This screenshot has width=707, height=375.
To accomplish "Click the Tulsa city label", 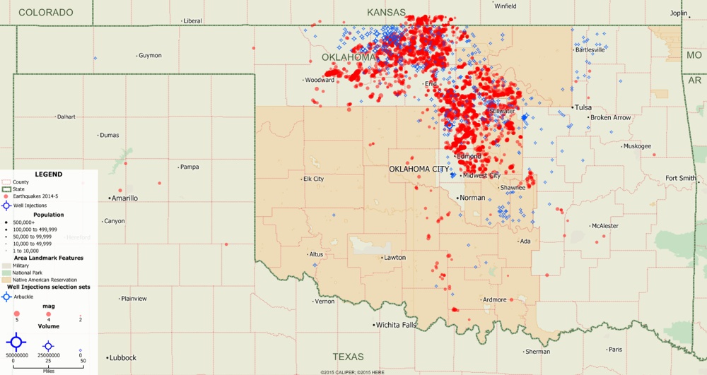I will click(x=583, y=107).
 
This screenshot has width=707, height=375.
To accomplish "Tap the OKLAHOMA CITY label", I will click(x=419, y=169).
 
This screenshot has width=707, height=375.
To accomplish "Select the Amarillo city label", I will click(x=123, y=198).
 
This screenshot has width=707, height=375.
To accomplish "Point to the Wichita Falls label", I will click(x=396, y=325).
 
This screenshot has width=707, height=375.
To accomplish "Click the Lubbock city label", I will click(x=122, y=358).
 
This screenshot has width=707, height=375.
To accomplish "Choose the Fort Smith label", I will click(x=681, y=179).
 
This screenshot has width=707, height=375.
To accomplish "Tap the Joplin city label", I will click(x=679, y=13).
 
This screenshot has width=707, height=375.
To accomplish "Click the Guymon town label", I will click(x=150, y=56).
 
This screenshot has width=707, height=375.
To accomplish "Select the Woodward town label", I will click(x=320, y=81).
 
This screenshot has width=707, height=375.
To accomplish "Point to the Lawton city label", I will click(x=395, y=258).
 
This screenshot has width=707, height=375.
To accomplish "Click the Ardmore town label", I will click(x=494, y=300).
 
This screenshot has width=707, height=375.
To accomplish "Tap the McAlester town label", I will click(x=605, y=226).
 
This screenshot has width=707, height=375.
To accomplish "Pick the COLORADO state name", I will click(x=46, y=13).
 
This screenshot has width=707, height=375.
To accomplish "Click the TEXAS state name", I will click(x=348, y=357).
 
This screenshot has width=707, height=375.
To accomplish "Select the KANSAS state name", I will click(x=386, y=12).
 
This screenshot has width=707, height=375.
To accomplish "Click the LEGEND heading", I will click(x=48, y=174).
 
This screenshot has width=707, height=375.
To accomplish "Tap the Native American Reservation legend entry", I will click(x=45, y=280).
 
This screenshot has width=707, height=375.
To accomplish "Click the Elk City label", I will click(x=313, y=179).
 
